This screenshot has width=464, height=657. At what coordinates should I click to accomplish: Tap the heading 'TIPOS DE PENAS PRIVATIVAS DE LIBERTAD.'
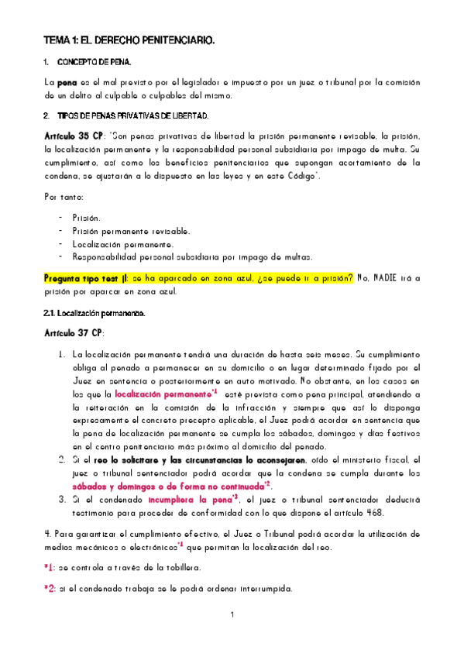coord(133,116)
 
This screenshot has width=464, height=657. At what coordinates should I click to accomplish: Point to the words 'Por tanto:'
coord(64,197)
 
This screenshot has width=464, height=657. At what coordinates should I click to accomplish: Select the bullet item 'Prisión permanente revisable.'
coord(131,231)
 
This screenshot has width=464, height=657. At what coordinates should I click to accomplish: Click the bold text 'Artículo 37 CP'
coord(74,332)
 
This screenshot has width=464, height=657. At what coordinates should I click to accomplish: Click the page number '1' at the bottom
coord(232,615)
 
